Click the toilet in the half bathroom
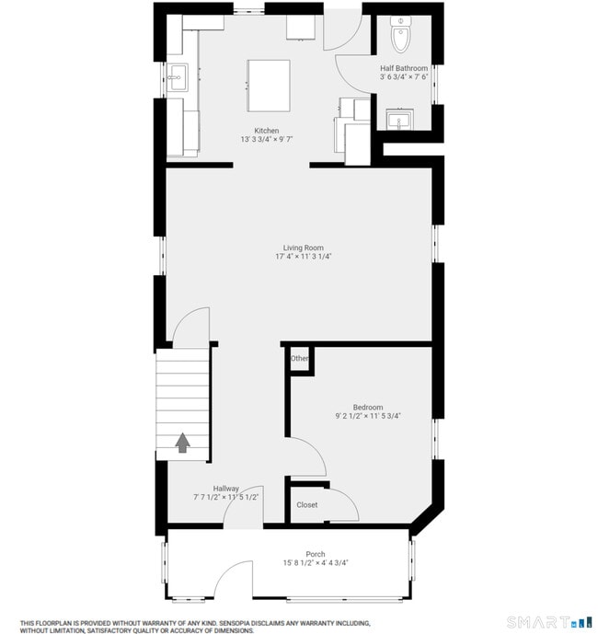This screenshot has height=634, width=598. pos(401,36)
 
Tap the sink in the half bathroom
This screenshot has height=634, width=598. pos(399,119)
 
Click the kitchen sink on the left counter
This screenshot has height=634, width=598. pos(178,76)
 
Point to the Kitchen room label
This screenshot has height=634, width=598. pos(267,131)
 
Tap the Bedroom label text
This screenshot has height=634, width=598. pos(368,407)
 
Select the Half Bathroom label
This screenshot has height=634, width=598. pos(404,68)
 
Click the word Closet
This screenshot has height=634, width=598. pos(306,504)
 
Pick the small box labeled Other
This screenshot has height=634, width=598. pos(300,358)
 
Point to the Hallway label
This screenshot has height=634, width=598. pos(226,488)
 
